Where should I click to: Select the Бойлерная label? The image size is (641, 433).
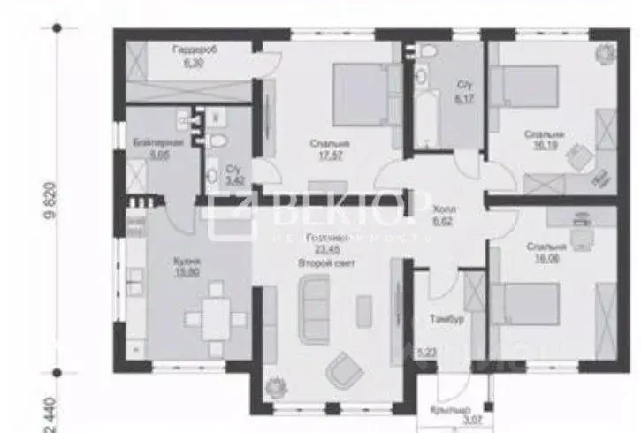(146, 141)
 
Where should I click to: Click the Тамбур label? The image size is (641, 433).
(441, 297)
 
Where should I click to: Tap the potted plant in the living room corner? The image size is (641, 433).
(275, 385)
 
